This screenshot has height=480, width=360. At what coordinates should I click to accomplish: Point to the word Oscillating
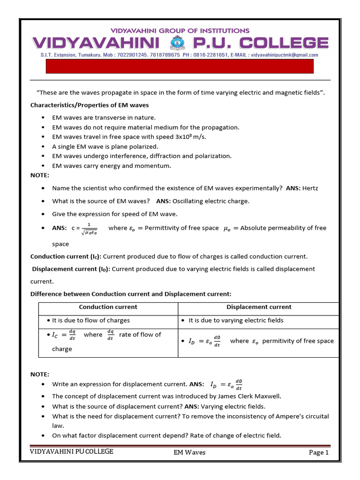(189, 201)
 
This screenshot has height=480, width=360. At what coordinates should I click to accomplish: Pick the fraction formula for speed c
(89, 228)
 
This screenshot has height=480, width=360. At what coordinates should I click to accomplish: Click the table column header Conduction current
(108, 307)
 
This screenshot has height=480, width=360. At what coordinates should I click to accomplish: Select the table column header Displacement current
(259, 307)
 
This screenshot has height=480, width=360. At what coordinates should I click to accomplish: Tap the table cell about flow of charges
(91, 321)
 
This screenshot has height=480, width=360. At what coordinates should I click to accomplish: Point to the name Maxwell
(269, 396)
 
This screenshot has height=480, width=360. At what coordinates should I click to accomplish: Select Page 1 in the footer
(318, 452)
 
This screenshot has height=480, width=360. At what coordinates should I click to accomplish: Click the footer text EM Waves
(189, 452)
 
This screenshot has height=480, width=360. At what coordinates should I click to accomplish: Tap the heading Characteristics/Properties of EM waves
(90, 105)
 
